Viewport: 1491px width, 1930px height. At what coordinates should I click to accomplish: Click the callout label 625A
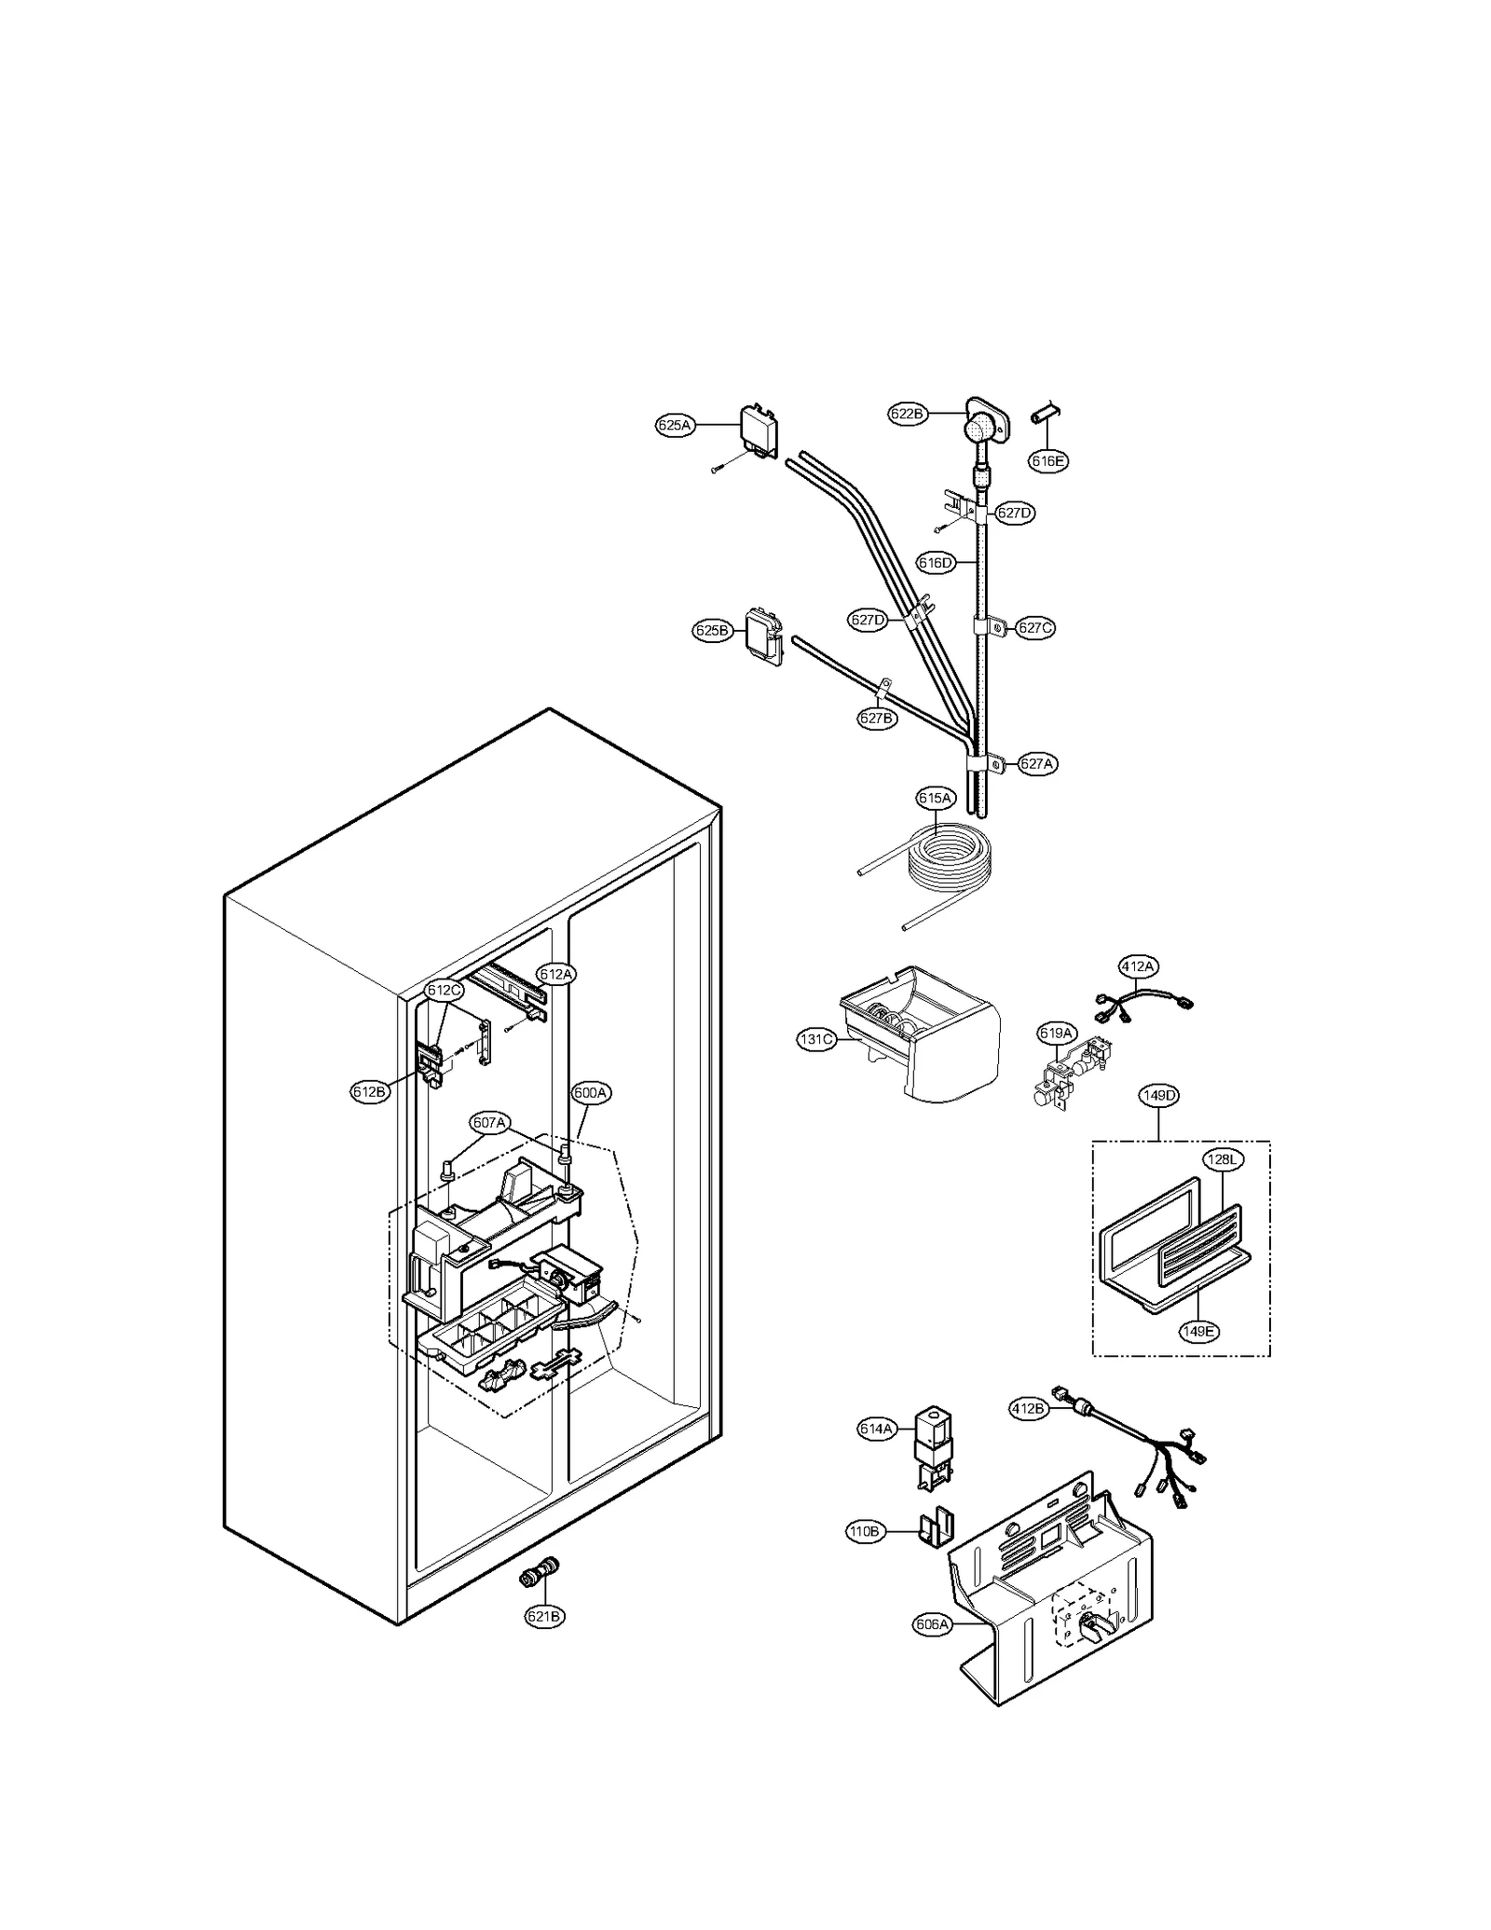(675, 425)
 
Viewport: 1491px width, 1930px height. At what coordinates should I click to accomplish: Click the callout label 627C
(1034, 627)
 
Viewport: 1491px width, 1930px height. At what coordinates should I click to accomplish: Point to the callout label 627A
(1036, 763)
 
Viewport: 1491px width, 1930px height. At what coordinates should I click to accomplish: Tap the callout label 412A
(1137, 966)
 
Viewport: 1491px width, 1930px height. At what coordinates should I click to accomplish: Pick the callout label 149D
(1159, 1096)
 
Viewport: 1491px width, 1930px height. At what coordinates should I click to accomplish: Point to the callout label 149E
(1198, 1332)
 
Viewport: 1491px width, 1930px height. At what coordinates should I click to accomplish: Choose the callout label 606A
(932, 1624)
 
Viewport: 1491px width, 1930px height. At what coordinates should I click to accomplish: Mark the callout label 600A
(591, 1093)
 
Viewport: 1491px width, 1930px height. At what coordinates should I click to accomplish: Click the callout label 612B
(370, 1092)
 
